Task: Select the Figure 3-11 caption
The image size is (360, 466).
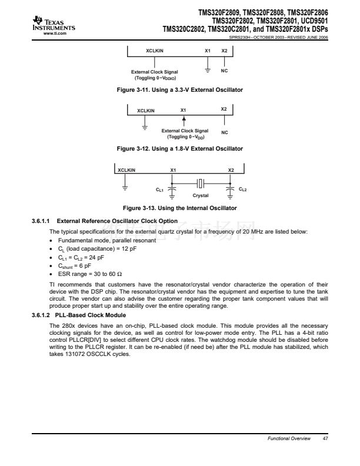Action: click(x=180, y=89)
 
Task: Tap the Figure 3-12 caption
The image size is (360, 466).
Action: click(x=180, y=148)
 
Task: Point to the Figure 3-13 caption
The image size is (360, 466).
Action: click(x=180, y=208)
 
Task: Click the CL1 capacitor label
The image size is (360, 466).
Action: click(x=159, y=190)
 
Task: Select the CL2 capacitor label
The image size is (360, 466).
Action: click(x=243, y=189)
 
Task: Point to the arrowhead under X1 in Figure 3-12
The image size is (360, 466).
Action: click(x=184, y=119)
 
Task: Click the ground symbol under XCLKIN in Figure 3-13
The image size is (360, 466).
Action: click(x=125, y=188)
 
